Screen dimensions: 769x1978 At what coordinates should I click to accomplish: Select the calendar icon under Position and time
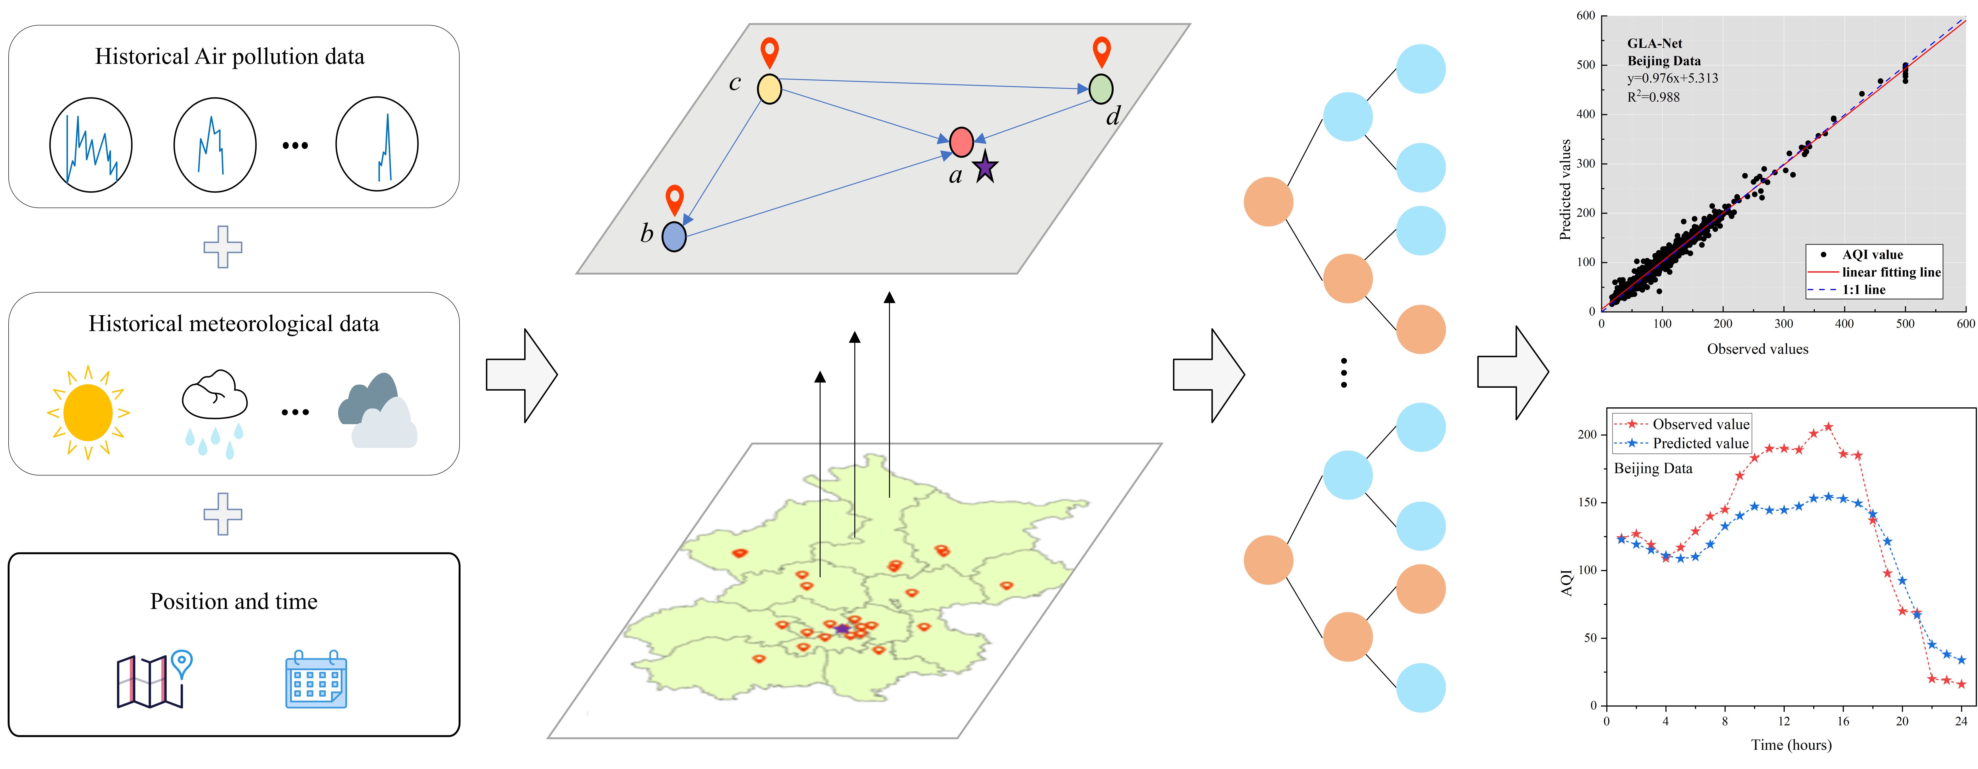point(316,679)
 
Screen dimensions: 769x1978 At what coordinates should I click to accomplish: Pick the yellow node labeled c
point(769,89)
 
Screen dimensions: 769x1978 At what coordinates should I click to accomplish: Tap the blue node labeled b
point(673,237)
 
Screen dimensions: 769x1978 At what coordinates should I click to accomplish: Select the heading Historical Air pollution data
point(230,57)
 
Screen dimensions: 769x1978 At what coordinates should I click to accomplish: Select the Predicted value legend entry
point(1700,443)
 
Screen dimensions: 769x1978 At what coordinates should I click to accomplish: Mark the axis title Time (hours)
point(1791,744)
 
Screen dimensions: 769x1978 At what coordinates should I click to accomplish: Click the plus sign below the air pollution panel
point(223,247)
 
